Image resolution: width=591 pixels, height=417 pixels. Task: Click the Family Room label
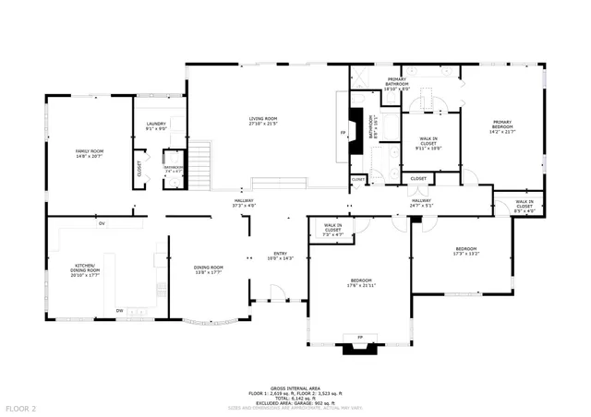point(90,153)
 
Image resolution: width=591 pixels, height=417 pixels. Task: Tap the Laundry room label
point(155,126)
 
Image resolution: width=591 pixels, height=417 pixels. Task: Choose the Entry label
point(280,256)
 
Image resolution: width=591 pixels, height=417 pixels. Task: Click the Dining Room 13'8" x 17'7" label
point(208,269)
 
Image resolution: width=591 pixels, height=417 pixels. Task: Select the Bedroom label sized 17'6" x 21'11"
point(360,282)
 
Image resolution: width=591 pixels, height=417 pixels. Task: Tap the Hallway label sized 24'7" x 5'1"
point(421,203)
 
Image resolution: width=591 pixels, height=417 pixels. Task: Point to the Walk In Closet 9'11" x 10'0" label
point(428,143)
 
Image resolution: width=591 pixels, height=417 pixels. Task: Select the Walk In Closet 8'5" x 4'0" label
point(524,205)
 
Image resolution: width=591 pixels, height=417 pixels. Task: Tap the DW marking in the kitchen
point(120,310)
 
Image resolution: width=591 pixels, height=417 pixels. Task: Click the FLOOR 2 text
point(20,407)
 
